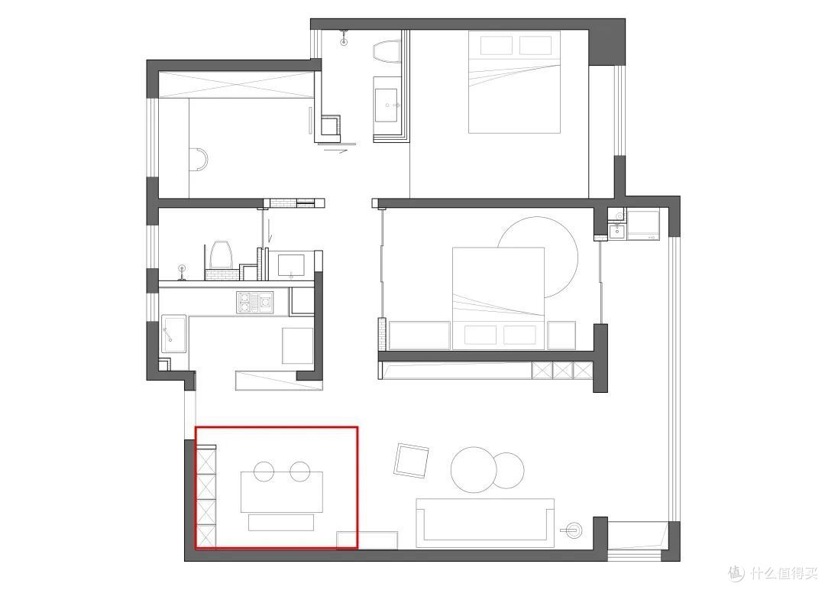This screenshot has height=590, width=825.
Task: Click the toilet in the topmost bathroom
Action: pyautogui.click(x=387, y=53)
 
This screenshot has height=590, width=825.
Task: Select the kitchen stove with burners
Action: pyautogui.click(x=256, y=303)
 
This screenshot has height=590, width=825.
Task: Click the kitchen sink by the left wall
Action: pyautogui.click(x=173, y=334)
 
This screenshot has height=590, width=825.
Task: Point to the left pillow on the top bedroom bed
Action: pyautogui.click(x=497, y=45)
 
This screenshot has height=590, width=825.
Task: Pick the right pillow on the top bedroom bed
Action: pyautogui.click(x=535, y=45)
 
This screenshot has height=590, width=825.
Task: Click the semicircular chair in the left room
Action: pyautogui.click(x=199, y=160)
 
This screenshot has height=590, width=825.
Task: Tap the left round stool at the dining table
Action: pyautogui.click(x=264, y=471)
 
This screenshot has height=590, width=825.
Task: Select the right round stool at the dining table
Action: pyautogui.click(x=300, y=471)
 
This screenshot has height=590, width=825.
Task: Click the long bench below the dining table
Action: pyautogui.click(x=281, y=523)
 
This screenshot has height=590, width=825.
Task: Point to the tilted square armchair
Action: pyautogui.click(x=412, y=461)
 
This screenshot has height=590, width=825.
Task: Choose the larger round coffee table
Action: pyautogui.click(x=474, y=469)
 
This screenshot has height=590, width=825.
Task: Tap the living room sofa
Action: pyautogui.click(x=485, y=523)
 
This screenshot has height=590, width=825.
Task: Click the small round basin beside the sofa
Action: pyautogui.click(x=574, y=530)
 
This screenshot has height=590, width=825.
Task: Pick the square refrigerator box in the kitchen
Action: pyautogui.click(x=298, y=345)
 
